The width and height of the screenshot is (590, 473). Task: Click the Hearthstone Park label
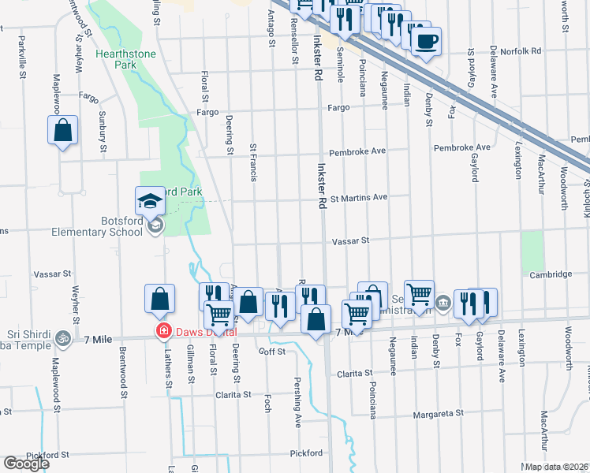pyautogui.click(x=125, y=61)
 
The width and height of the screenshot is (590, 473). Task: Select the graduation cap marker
pyautogui.click(x=150, y=203)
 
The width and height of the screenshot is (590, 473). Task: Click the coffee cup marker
pyautogui.click(x=426, y=40)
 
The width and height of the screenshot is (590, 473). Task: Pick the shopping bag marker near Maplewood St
pyautogui.click(x=63, y=131)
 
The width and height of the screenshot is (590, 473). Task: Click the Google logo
pyautogui.click(x=26, y=464)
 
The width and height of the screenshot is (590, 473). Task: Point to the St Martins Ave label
pyautogui.click(x=359, y=197)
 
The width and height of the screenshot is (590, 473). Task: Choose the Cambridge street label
pyautogui.click(x=551, y=274)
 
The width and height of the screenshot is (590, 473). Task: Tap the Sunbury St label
pyautogui.click(x=103, y=131)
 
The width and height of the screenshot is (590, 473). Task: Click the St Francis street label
pyautogui.click(x=253, y=162)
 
